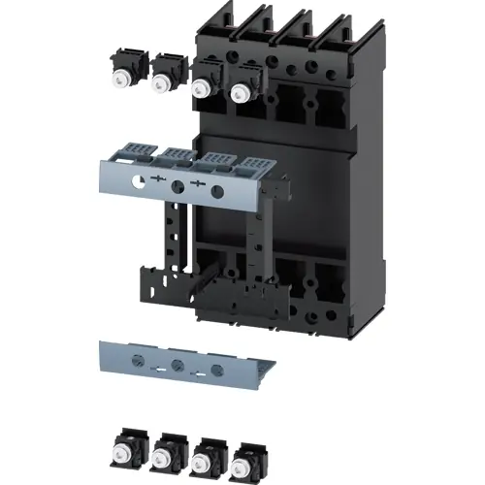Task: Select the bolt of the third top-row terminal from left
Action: pos(203,86)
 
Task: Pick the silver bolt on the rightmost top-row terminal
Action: pos(240,92)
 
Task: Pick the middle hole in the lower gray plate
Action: pos(178,366)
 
